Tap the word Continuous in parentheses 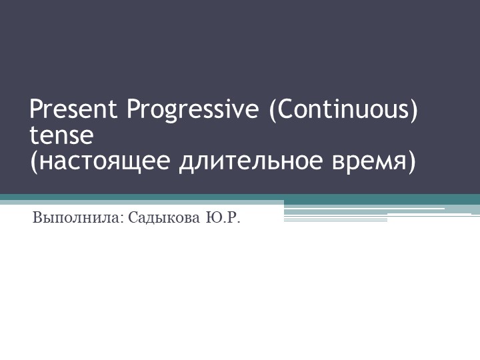(343, 109)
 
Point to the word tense (61, 135)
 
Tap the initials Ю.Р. (221, 217)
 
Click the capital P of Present (36, 109)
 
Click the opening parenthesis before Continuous (272, 109)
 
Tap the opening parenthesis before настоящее (34, 162)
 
